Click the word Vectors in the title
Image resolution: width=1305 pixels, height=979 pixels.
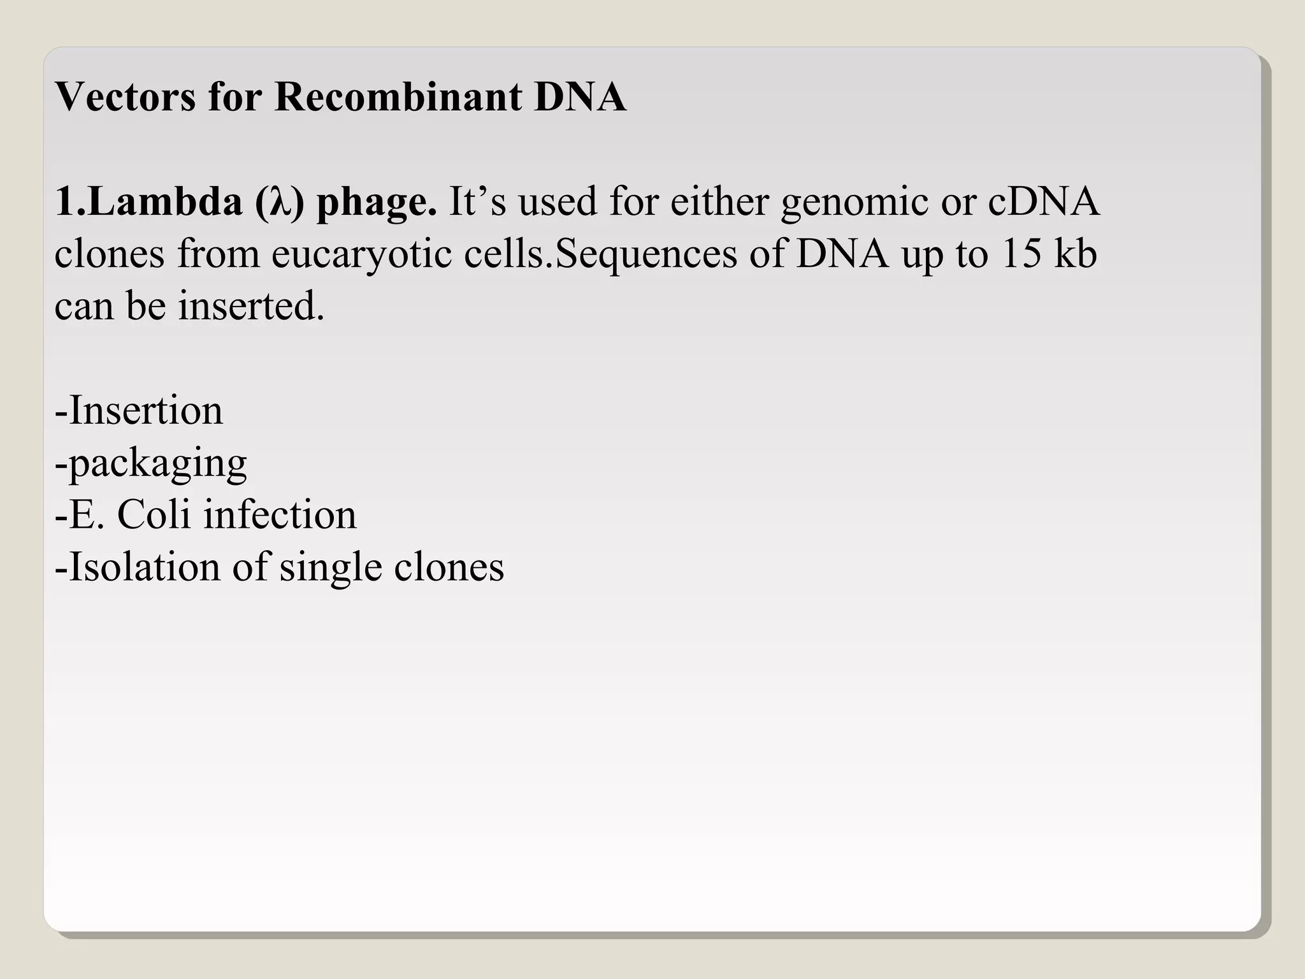click(125, 97)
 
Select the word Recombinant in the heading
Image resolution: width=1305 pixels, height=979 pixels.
click(398, 97)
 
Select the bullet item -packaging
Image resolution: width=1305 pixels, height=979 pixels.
click(151, 464)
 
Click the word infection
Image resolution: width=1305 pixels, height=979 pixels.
click(280, 514)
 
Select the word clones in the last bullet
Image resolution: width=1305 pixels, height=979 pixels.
click(449, 567)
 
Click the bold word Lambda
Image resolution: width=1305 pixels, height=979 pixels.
click(164, 201)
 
